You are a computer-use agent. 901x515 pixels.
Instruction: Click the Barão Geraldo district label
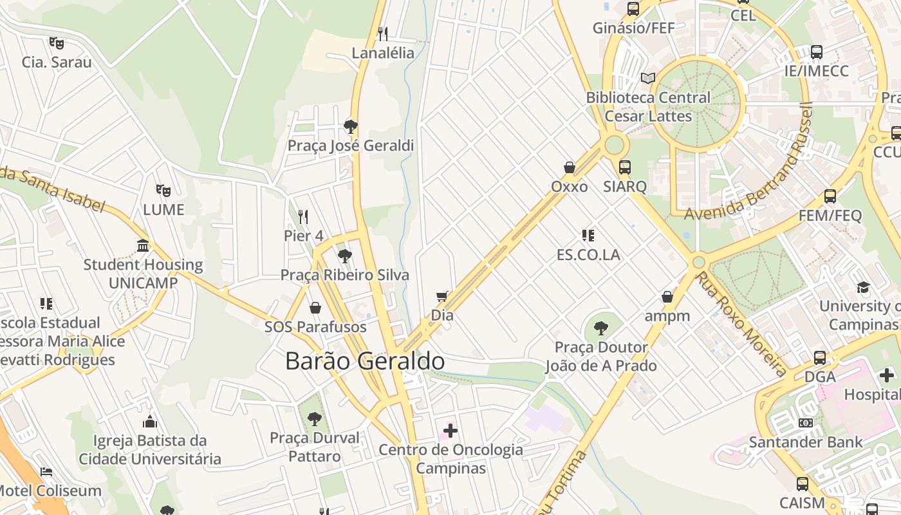pyautogui.click(x=364, y=361)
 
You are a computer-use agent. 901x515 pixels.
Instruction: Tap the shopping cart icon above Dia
pyautogui.click(x=441, y=297)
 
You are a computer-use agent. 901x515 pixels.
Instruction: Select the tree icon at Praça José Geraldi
pyautogui.click(x=351, y=126)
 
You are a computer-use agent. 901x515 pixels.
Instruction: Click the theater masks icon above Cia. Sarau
pyautogui.click(x=57, y=43)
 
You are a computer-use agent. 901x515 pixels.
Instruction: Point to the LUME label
pyautogui.click(x=163, y=210)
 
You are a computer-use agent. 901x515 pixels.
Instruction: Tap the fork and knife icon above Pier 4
pyautogui.click(x=303, y=216)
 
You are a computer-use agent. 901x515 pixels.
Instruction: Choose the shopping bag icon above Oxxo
pyautogui.click(x=570, y=167)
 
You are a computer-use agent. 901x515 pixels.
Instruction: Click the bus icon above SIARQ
pyautogui.click(x=624, y=167)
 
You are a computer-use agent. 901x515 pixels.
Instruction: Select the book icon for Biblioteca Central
pyautogui.click(x=648, y=79)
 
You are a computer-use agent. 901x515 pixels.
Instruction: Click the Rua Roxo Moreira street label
pyautogui.click(x=741, y=324)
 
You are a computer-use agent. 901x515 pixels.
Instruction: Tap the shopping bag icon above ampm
pyautogui.click(x=667, y=297)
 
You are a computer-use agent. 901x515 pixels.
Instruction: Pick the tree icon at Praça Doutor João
pyautogui.click(x=600, y=328)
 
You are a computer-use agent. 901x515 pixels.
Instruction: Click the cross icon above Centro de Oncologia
pyautogui.click(x=450, y=430)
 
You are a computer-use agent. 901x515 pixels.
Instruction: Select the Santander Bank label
pyautogui.click(x=805, y=442)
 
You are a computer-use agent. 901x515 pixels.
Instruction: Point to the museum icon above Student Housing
pyautogui.click(x=143, y=245)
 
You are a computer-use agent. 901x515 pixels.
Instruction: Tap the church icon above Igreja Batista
pyautogui.click(x=150, y=422)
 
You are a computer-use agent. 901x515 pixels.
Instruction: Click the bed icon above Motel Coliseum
pyautogui.click(x=46, y=472)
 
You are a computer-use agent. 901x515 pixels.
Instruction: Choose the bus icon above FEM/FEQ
pyautogui.click(x=830, y=196)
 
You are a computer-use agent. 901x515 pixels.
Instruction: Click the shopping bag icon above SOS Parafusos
pyautogui.click(x=315, y=308)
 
